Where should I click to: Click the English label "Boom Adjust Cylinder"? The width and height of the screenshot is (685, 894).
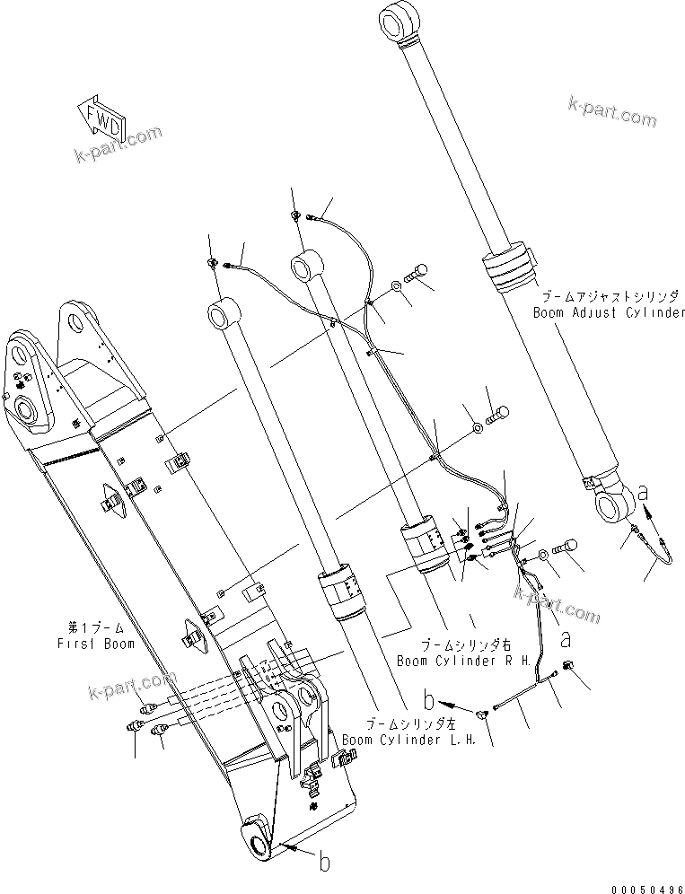click(609, 313)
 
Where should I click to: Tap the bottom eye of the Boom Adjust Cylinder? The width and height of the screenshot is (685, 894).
click(613, 503)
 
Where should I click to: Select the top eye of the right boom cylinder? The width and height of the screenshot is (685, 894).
click(304, 266)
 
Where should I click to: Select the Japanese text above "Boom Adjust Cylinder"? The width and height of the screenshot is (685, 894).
click(610, 295)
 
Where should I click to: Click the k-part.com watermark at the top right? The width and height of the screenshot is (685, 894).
click(611, 113)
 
